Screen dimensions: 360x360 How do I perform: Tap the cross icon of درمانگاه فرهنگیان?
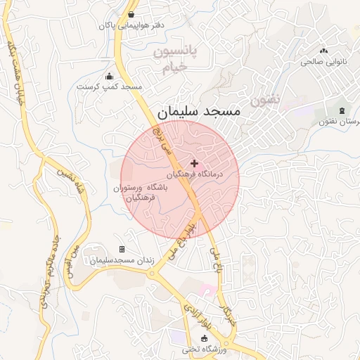(x=195, y=163)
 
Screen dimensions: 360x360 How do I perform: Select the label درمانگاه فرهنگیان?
(x=195, y=173)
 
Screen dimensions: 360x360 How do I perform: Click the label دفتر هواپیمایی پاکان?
(x=131, y=25)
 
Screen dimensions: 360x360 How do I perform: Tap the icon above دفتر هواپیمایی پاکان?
(x=131, y=14)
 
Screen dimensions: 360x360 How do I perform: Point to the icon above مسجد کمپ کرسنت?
(x=109, y=76)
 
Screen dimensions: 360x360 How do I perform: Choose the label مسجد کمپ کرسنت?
(x=109, y=86)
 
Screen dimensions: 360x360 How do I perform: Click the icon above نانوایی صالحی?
(x=324, y=51)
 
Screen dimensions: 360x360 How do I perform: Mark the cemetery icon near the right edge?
(x=342, y=111)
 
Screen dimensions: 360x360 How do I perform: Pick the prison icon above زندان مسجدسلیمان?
(x=122, y=250)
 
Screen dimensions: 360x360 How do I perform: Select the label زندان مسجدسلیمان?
(x=122, y=261)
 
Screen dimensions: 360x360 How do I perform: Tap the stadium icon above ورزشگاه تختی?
(x=205, y=338)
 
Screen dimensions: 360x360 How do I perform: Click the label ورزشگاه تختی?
(x=205, y=349)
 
